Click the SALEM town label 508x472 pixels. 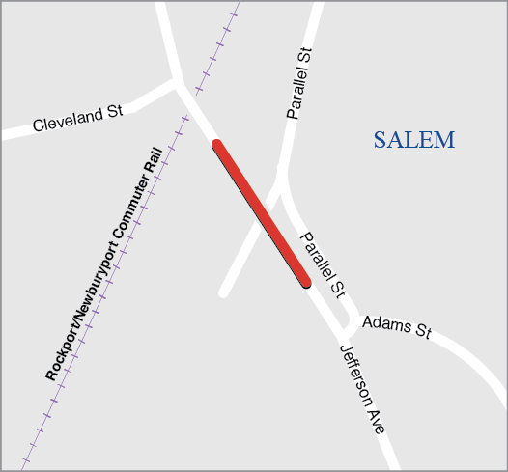[x=413, y=140]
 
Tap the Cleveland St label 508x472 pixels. [x=77, y=119]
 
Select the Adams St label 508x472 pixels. [x=396, y=324]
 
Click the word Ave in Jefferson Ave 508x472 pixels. [x=380, y=422]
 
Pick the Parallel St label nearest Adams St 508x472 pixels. [x=322, y=263]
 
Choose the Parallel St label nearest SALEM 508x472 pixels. [x=301, y=84]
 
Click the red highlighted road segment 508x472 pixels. [x=262, y=214]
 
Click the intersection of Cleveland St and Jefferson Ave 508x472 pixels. [x=176, y=84]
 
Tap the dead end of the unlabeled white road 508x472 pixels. [x=224, y=292]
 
